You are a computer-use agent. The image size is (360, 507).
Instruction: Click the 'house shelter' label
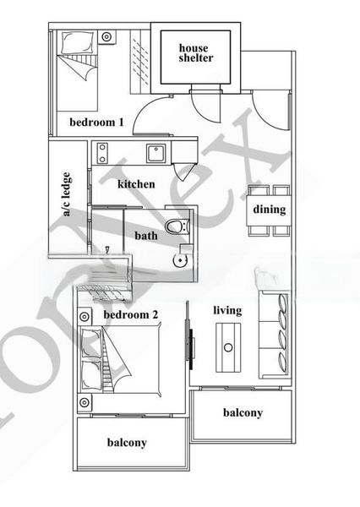click(x=195, y=53)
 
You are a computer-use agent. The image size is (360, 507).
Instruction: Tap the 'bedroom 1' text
click(x=96, y=123)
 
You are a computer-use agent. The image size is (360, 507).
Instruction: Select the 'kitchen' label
click(x=136, y=184)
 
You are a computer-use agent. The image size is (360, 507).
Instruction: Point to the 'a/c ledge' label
click(x=67, y=195)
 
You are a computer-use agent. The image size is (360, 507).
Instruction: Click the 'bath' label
click(x=146, y=236)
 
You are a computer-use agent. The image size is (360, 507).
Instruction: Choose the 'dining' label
click(x=270, y=210)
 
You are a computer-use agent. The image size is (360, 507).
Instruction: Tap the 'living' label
click(x=227, y=310)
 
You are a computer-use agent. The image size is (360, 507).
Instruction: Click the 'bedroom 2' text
click(x=131, y=316)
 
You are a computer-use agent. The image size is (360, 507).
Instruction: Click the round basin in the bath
click(x=178, y=260)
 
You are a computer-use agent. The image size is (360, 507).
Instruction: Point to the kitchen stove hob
click(x=101, y=154)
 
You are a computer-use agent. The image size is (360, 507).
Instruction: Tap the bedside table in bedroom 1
click(x=106, y=37)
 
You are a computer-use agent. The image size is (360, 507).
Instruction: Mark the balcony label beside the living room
click(x=243, y=413)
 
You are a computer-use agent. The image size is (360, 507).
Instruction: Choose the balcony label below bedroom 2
click(x=127, y=443)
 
